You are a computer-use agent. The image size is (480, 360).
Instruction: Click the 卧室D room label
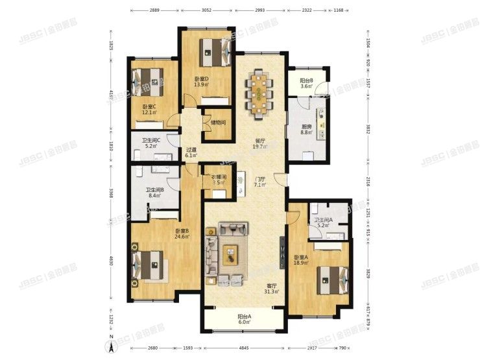coord(200,79)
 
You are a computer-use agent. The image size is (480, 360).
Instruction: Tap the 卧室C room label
coord(150,107)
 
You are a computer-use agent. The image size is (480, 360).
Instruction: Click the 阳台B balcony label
coord(307,81)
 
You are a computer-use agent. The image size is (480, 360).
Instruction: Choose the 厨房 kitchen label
coord(307,127)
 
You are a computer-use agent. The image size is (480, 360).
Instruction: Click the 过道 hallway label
coord(191,150)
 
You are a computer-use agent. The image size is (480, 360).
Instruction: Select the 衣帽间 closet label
coord(218,176)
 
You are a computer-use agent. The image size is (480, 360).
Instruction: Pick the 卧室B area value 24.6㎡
coord(182,237)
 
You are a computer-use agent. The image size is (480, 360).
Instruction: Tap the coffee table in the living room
coord(230,254)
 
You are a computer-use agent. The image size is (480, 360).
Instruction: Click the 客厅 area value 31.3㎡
coord(272,291)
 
